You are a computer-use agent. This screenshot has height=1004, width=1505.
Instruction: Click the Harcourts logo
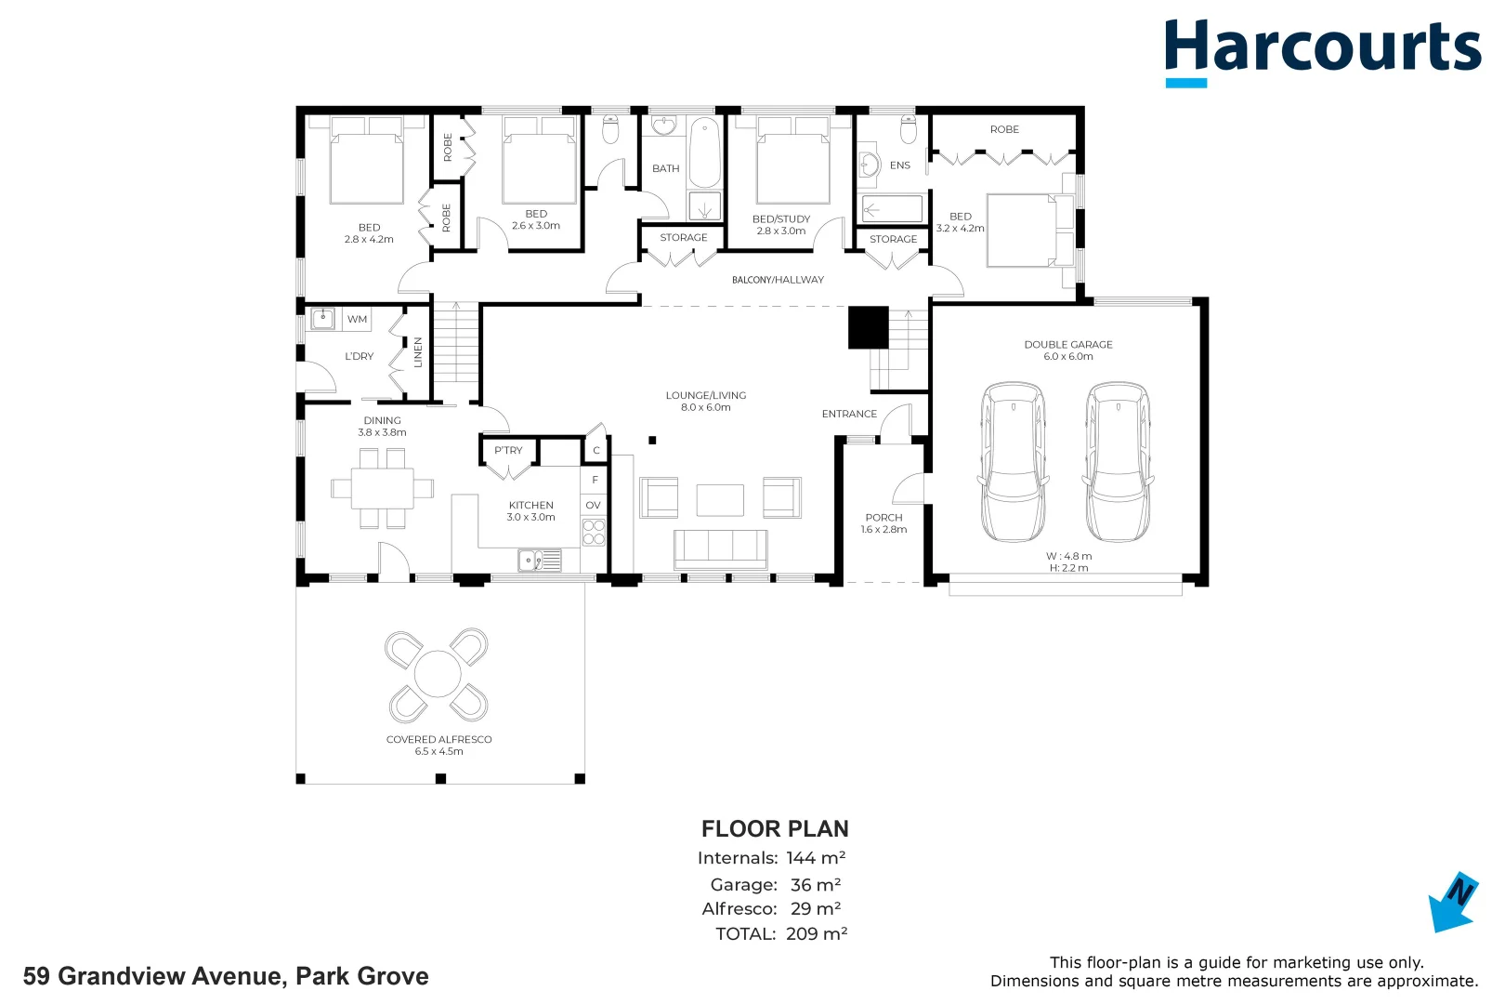pyautogui.click(x=1322, y=52)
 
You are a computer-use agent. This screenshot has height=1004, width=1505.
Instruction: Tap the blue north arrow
pyautogui.click(x=1453, y=902)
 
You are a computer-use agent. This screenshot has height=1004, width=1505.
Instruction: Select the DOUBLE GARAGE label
pyautogui.click(x=1068, y=344)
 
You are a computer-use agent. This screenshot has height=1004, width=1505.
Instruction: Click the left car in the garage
pyautogui.click(x=1013, y=462)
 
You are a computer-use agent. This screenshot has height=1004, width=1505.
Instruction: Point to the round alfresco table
pyautogui.click(x=438, y=674)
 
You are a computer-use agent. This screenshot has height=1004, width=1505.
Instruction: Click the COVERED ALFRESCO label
pyautogui.click(x=438, y=739)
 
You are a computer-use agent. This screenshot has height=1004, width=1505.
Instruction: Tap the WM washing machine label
pyautogui.click(x=357, y=319)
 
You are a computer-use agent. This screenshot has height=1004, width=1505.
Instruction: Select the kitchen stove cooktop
pyautogui.click(x=594, y=531)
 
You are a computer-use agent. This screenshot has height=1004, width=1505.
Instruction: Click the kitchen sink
pyautogui.click(x=540, y=560)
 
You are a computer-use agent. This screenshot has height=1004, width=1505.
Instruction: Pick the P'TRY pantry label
pyautogui.click(x=508, y=450)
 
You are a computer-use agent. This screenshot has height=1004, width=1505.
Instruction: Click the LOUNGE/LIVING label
pyautogui.click(x=705, y=395)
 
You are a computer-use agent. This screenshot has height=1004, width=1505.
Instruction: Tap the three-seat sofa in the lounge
pyautogui.click(x=720, y=549)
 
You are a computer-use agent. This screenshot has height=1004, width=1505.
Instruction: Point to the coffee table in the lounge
pyautogui.click(x=720, y=499)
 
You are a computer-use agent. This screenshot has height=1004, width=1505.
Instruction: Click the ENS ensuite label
pyautogui.click(x=899, y=165)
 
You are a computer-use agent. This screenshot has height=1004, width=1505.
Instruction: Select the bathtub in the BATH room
pyautogui.click(x=705, y=152)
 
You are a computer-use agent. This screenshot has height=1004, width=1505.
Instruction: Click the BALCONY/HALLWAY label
pyautogui.click(x=778, y=280)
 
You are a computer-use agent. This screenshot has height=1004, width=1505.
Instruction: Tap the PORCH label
pyautogui.click(x=883, y=518)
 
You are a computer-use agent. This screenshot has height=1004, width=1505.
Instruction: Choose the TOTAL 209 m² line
pyautogui.click(x=781, y=933)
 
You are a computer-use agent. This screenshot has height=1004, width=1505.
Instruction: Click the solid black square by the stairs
pyautogui.click(x=868, y=327)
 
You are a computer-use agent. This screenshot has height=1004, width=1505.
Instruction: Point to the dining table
pyautogui.click(x=383, y=488)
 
